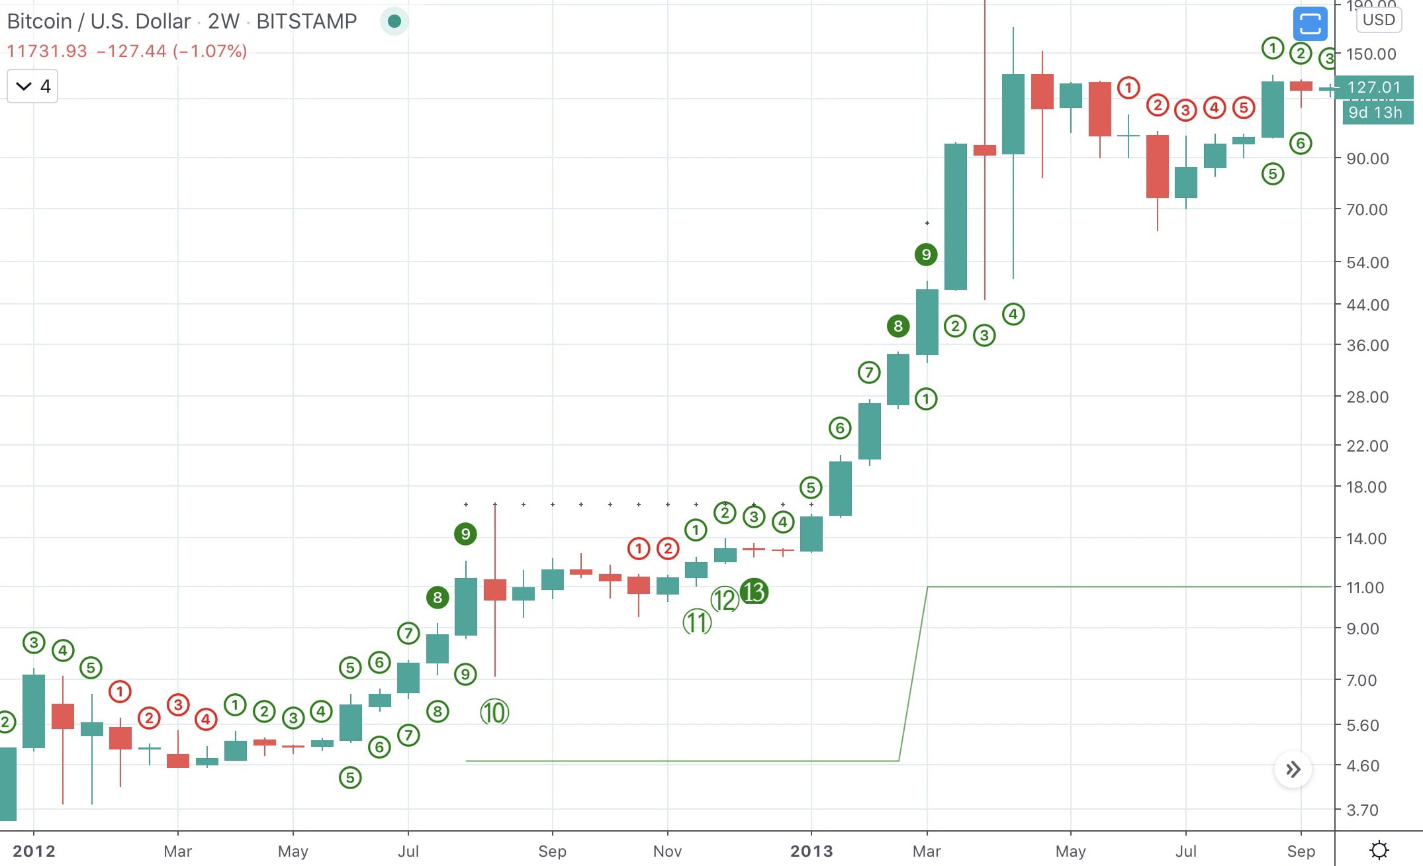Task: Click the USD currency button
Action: [x=1379, y=20]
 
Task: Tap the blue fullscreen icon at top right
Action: [x=1310, y=24]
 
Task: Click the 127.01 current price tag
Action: [x=1374, y=87]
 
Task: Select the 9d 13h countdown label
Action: [x=1375, y=113]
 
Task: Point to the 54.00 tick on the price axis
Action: [x=1367, y=262]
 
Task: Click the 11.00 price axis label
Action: [x=1365, y=587]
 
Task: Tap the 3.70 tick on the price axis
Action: [x=1362, y=810]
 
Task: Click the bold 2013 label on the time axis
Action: [x=811, y=851]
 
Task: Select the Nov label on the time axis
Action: [x=667, y=851]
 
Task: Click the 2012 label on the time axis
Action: [x=34, y=851]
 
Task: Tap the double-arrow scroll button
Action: [x=1293, y=769]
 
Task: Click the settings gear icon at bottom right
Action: [x=1379, y=849]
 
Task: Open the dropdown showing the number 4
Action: [x=32, y=86]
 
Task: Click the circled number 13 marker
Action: [x=754, y=591]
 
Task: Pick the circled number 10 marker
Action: [x=494, y=712]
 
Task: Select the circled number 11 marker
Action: [x=697, y=622]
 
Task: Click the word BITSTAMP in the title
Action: [x=306, y=21]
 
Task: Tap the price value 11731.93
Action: [x=47, y=51]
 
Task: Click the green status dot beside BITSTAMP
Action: [x=394, y=21]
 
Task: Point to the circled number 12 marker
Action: [x=725, y=600]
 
